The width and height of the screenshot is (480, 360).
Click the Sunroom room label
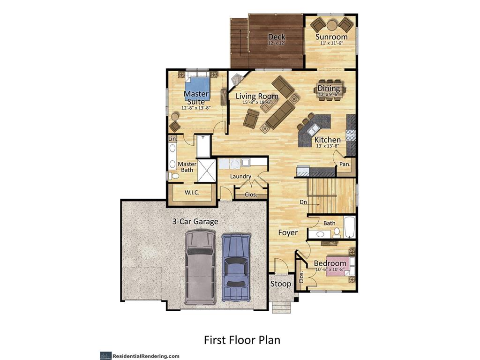point(331,37)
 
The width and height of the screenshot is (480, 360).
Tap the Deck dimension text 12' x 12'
point(277,44)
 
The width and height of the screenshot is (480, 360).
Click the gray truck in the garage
point(200,268)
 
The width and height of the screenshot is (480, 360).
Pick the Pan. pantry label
point(345,165)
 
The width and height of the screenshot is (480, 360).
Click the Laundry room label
point(240,177)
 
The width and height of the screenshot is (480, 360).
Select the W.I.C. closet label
point(192,193)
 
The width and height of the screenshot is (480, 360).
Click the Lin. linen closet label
point(172,139)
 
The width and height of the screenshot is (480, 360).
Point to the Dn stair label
point(303,202)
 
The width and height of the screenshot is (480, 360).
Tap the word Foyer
point(288,233)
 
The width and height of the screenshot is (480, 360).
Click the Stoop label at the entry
point(281,284)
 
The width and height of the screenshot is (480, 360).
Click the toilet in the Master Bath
point(174,176)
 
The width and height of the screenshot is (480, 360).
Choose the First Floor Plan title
point(242,340)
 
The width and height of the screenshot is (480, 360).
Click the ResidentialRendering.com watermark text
point(146,356)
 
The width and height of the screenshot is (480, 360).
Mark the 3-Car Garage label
point(195,221)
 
